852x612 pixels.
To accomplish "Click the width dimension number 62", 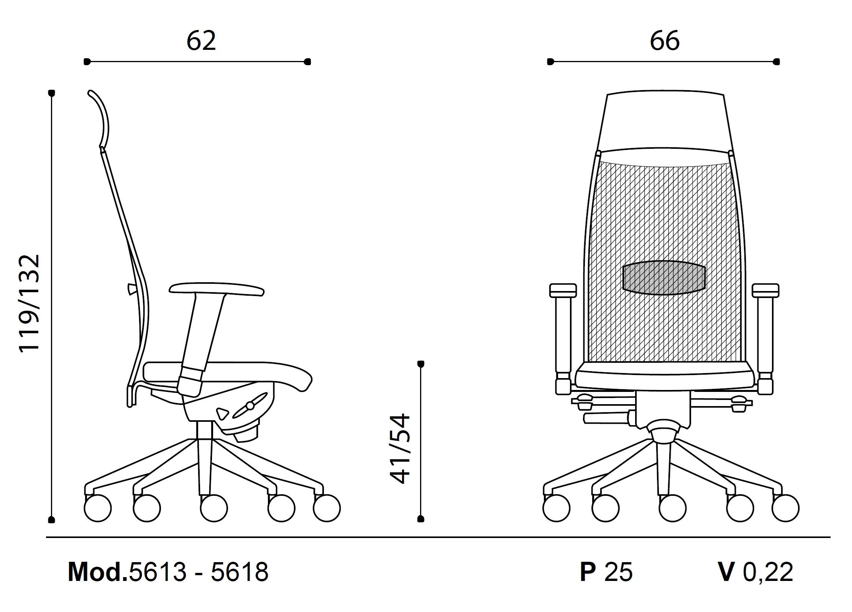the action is click(201, 41).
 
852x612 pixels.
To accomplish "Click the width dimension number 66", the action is click(665, 41).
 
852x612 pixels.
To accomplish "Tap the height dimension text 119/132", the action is click(30, 303).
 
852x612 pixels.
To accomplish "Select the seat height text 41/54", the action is click(400, 449).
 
